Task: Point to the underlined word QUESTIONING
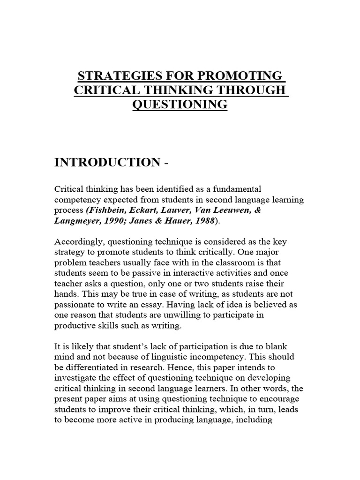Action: pos(180,104)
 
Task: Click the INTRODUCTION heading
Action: pos(107,162)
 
